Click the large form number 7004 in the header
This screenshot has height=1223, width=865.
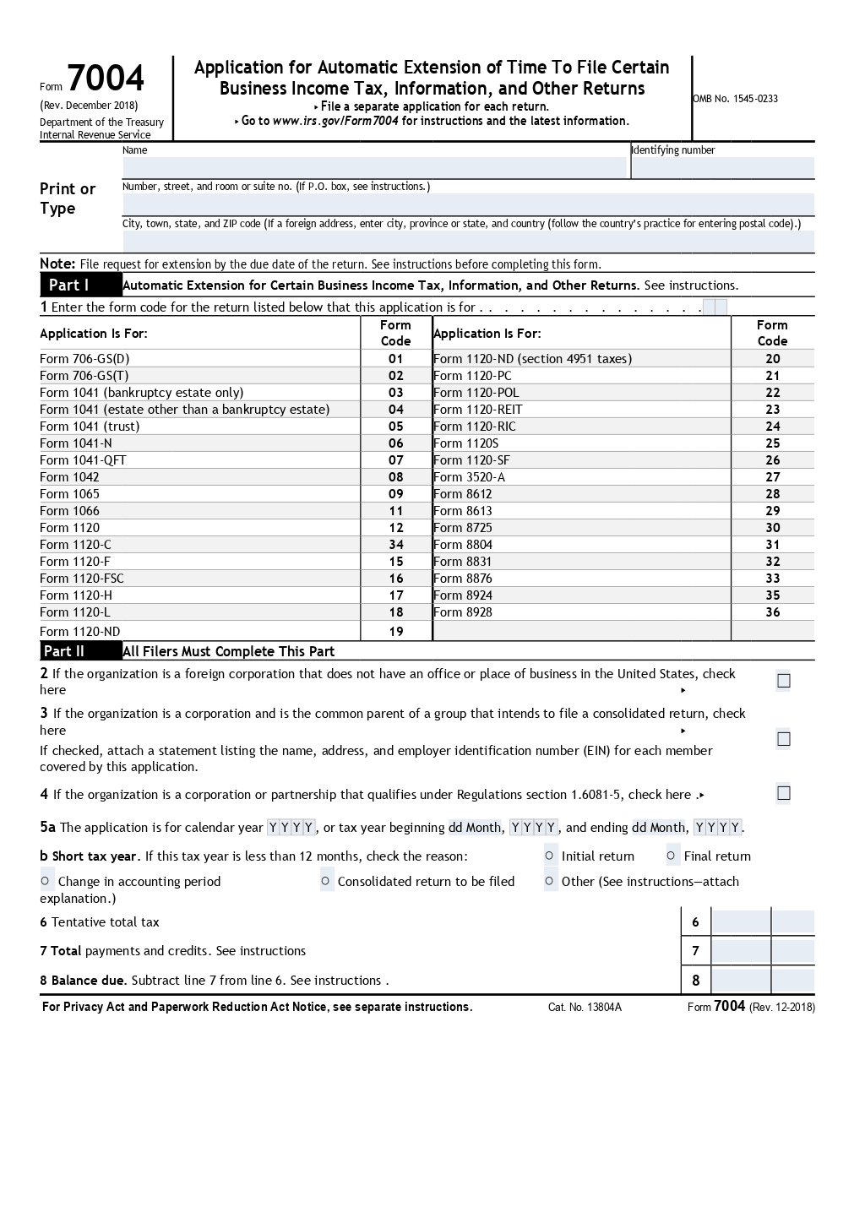point(106,79)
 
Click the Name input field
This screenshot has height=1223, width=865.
point(374,167)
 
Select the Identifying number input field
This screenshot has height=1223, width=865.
point(722,167)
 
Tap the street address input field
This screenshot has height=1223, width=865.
point(468,204)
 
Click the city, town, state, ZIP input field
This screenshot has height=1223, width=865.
point(468,242)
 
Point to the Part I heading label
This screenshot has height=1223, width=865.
point(69,285)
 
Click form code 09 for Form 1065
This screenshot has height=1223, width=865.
point(396,494)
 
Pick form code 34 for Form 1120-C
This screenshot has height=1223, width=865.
point(396,545)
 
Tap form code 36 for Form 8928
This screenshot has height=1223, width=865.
point(772,612)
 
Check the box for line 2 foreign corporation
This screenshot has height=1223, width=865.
point(783,681)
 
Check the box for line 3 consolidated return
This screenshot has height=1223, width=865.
point(783,739)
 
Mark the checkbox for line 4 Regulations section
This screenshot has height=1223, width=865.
point(783,793)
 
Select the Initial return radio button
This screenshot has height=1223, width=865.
point(550,856)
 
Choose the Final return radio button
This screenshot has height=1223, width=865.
point(672,856)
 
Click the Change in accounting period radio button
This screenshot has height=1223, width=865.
point(46,881)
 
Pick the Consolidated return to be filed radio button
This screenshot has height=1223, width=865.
point(326,881)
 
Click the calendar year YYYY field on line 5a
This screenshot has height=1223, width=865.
point(291,828)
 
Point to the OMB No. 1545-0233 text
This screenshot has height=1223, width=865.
point(736,99)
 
